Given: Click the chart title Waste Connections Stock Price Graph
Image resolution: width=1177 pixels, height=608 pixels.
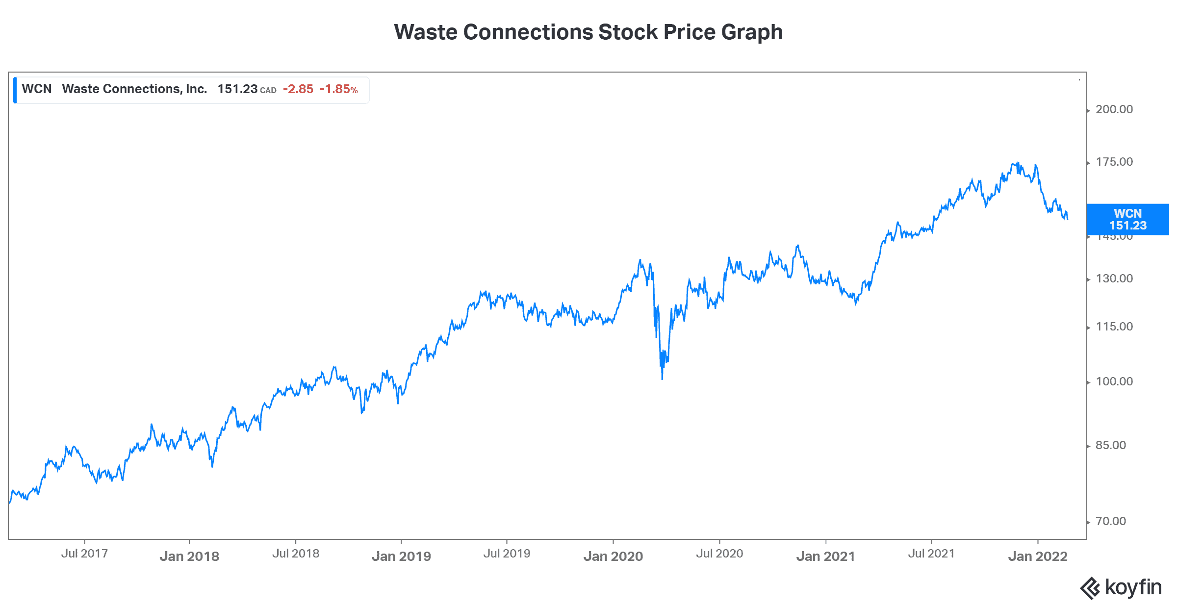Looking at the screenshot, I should coord(588,32).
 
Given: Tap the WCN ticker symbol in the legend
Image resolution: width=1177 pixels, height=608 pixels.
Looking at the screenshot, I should coord(37,89).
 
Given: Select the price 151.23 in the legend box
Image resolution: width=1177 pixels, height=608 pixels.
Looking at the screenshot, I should coord(237,89).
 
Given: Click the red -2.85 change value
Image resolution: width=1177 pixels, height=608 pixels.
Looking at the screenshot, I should coord(298,89).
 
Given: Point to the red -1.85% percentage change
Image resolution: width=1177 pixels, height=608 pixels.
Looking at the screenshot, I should coord(339,89).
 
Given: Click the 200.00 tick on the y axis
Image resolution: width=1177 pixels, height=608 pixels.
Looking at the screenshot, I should coord(1114,109).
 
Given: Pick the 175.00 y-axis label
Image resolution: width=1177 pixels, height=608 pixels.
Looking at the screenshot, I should coord(1114,162).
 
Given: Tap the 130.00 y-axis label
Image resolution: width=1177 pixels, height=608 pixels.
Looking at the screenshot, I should coord(1114,279).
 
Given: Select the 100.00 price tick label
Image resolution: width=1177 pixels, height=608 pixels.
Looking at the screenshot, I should coord(1114,381).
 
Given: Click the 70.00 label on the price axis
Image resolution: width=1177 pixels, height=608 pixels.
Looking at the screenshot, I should coord(1111,521).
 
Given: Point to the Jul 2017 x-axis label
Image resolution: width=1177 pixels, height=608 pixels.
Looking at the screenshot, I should coord(84,554).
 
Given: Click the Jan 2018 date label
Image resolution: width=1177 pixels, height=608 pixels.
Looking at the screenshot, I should coord(189,557).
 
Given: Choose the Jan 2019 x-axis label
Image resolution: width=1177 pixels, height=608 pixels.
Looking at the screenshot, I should coord(401,557).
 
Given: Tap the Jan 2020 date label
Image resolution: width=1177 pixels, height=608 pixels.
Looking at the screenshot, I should coord(613,557).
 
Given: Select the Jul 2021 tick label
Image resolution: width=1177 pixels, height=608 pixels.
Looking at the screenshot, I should coord(931,554).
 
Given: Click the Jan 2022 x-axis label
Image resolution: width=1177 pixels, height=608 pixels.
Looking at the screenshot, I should coord(1038,557).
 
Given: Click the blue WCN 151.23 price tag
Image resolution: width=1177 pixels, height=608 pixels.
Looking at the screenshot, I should coord(1127,220).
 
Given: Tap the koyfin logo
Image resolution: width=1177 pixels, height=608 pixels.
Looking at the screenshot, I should coord(1121,587).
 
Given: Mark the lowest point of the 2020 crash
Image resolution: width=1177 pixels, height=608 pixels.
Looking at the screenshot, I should coord(662,379).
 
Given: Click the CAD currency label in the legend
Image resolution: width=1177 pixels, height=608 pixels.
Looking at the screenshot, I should coord(268,91).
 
